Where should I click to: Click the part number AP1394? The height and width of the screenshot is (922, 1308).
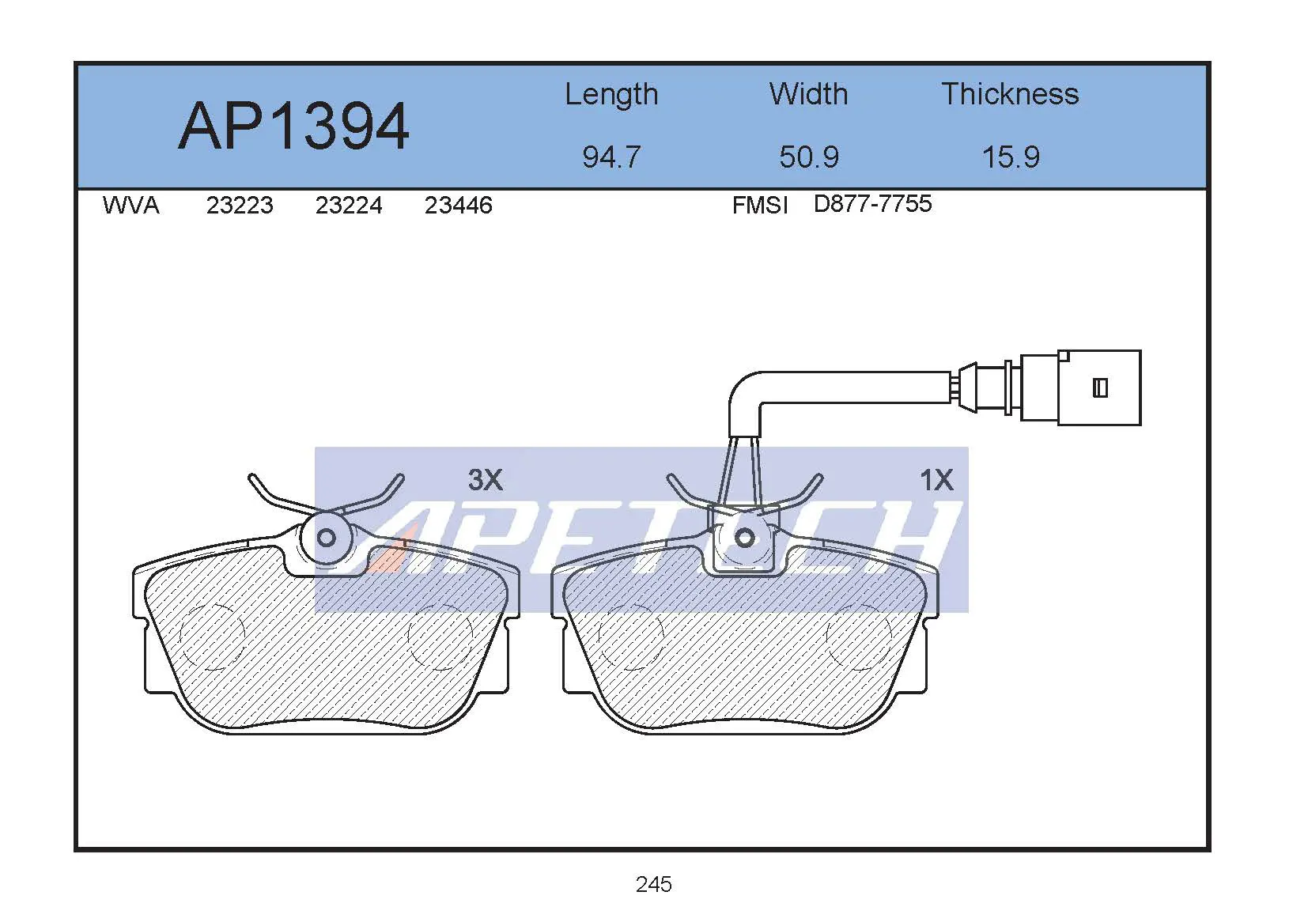pos(293,127)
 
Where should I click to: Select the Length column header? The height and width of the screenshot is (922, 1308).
pos(611,95)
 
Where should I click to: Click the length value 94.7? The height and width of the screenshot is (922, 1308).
pos(611,157)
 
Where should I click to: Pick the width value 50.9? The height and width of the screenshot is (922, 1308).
pos(809,157)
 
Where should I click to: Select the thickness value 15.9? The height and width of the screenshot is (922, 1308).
pos(1011,157)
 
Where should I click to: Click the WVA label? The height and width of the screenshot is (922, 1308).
pos(130,205)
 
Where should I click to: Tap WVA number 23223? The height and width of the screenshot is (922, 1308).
pos(240,205)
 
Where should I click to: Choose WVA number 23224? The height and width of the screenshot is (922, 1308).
pos(349,205)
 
